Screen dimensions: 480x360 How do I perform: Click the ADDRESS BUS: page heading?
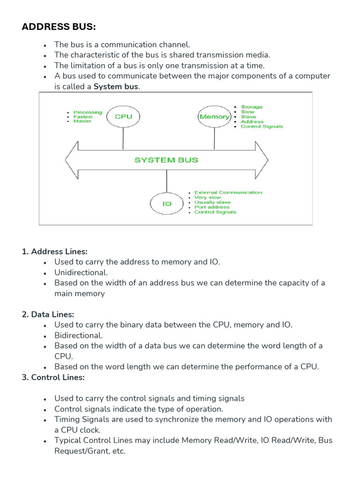pos(59,27)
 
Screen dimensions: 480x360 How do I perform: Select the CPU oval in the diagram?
pos(123,117)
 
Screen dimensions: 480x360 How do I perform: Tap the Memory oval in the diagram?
pos(214,117)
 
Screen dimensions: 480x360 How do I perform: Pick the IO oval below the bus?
pos(166,204)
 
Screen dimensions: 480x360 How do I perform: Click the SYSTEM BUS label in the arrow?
pos(166,160)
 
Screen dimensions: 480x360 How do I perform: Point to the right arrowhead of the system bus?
pos(262,160)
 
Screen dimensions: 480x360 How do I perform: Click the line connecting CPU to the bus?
pos(123,139)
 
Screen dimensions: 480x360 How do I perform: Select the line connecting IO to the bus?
pos(166,182)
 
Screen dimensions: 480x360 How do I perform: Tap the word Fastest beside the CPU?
pos(83,117)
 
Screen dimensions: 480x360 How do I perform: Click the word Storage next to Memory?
pos(252,107)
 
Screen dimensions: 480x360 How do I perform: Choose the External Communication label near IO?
pos(228,193)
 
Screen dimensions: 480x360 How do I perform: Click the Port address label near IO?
pos(212,207)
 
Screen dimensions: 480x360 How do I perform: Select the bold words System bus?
pos(116,87)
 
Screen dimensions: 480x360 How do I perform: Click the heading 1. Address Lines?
pos(55,252)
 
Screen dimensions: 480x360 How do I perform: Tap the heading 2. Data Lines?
pos(48,315)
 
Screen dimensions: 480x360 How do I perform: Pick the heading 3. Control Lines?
pos(53,377)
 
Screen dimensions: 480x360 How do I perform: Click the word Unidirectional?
pos(81,272)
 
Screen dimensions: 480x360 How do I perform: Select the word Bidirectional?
pos(78,335)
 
